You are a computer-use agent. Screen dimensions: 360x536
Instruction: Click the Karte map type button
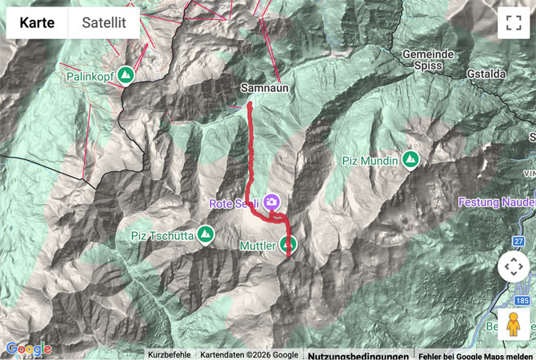pyautogui.click(x=37, y=22)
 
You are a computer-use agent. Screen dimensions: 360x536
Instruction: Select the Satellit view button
pyautogui.click(x=103, y=22)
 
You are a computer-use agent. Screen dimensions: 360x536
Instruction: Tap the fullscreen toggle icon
pyautogui.click(x=513, y=22)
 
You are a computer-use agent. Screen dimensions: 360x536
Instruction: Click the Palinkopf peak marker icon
pyautogui.click(x=125, y=75)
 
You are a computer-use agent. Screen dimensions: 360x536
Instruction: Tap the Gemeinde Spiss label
pyautogui.click(x=429, y=61)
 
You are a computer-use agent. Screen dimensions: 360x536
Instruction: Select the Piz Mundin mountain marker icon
pyautogui.click(x=411, y=160)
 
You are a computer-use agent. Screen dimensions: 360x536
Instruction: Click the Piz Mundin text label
pyautogui.click(x=370, y=162)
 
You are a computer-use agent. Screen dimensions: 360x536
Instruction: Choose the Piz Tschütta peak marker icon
pyautogui.click(x=206, y=234)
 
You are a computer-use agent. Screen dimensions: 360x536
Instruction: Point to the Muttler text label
pyautogui.click(x=258, y=246)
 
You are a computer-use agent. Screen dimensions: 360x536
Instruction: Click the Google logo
pyautogui.click(x=28, y=349)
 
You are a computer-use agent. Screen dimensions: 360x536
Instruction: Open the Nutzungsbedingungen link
pyautogui.click(x=358, y=355)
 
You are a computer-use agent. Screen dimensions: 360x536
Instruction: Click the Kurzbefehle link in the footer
pyautogui.click(x=169, y=355)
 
